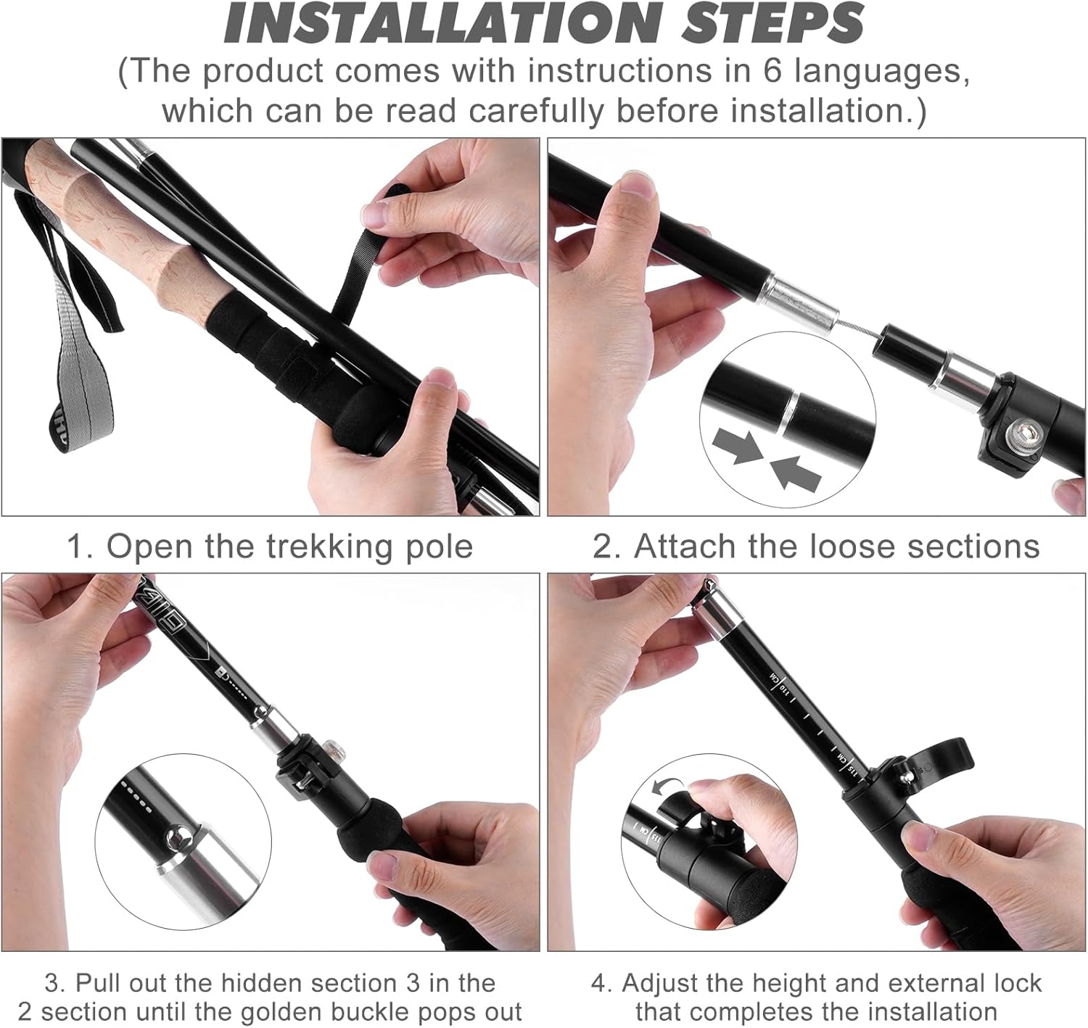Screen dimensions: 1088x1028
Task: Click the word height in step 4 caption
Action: [791, 983]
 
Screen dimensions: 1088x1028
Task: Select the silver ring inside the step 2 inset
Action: [791, 410]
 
